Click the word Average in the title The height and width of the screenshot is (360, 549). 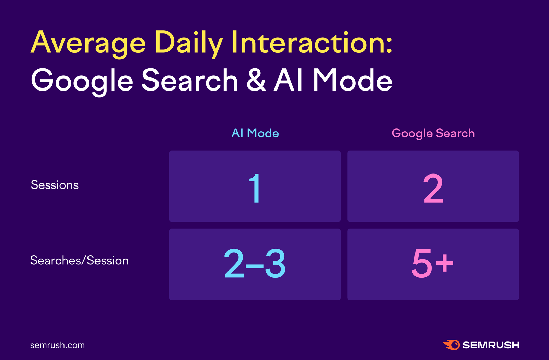click(x=88, y=43)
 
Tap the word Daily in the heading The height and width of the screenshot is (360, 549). click(x=189, y=43)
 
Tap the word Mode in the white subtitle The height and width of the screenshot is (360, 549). click(x=352, y=80)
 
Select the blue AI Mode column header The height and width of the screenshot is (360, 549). click(x=255, y=133)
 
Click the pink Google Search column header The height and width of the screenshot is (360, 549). click(x=433, y=134)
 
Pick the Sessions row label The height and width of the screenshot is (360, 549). click(x=55, y=185)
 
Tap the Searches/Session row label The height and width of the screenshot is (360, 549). click(x=79, y=260)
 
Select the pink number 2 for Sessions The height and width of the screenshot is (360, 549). click(x=433, y=188)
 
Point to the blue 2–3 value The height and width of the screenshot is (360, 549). click(x=255, y=263)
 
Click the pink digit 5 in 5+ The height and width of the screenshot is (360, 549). click(x=422, y=263)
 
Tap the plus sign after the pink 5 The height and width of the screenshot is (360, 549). click(x=444, y=263)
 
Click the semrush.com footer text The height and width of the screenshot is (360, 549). click(x=57, y=345)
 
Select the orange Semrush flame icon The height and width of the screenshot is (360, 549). click(x=452, y=345)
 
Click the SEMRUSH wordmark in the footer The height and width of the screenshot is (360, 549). click(x=491, y=345)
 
